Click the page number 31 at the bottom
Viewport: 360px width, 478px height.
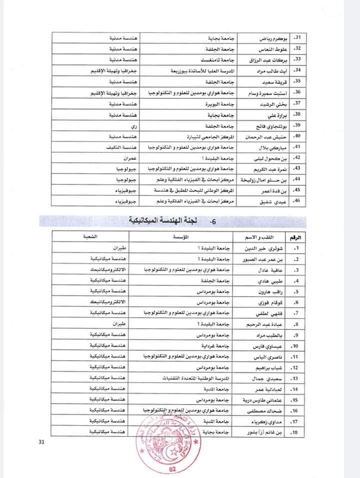[x=40, y=442]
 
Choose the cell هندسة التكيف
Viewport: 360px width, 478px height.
[x=124, y=147]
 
